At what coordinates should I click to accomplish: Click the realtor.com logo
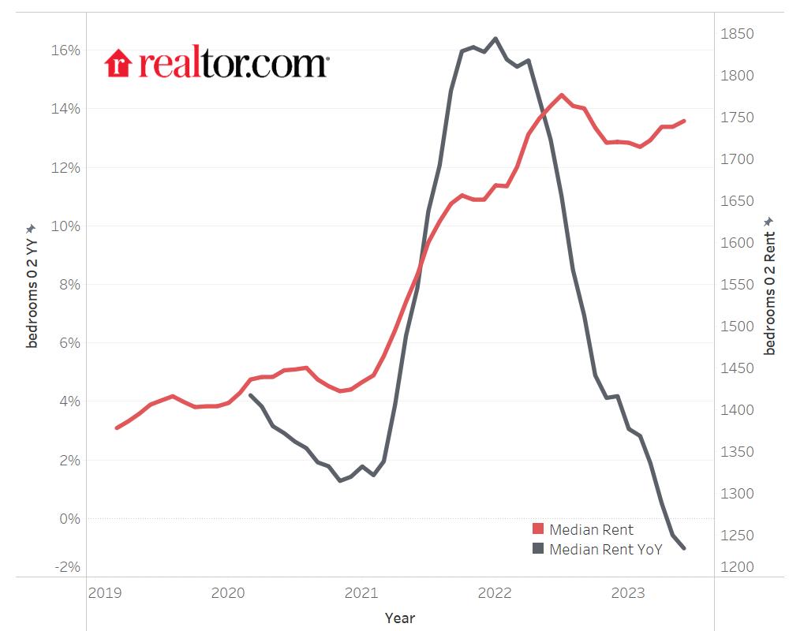216,64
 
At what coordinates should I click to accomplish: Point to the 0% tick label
69,519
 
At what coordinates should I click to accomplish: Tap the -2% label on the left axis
66,567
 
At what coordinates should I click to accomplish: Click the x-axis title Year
400,618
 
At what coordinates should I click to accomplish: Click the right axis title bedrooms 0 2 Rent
770,286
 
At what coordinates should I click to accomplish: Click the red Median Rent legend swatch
538,530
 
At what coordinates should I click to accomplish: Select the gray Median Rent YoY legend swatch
538,549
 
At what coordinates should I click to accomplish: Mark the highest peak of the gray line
495,38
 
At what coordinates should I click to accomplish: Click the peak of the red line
561,95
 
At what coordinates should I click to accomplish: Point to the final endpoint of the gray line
683,548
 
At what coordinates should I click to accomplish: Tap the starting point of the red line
117,428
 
